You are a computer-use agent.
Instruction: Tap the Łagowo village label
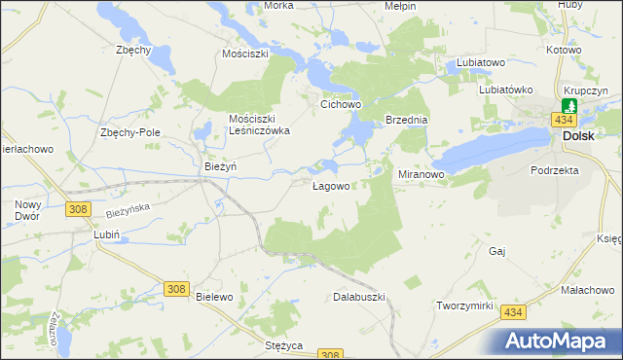(331, 186)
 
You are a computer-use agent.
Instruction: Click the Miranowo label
(421, 174)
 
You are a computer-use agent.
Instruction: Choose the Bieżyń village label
(221, 166)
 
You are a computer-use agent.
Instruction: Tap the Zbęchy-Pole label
(130, 132)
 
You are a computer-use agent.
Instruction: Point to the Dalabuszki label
(360, 296)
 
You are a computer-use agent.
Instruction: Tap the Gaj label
(498, 251)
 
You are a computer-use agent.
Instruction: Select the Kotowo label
(564, 49)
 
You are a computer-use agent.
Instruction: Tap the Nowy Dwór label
(27, 210)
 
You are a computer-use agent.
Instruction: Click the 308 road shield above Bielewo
(176, 288)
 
